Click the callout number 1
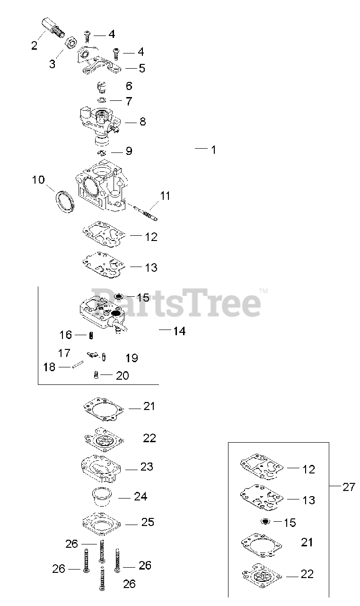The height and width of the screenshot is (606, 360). pos(213,150)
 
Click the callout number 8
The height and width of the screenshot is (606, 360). pos(142,122)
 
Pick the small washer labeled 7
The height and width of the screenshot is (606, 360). pos(102,100)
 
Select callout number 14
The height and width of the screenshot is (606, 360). pos(179,331)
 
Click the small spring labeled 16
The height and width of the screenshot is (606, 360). pos(91,335)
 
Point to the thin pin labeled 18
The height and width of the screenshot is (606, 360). pos(78,365)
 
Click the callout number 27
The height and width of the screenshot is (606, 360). pos(349,487)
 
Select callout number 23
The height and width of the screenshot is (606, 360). pos(147,466)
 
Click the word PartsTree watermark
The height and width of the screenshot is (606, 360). pos(176,303)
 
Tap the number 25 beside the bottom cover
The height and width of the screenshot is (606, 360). pos(148,522)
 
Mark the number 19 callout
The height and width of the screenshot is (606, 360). pos(132,357)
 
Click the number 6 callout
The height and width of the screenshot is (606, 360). pos(129,86)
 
